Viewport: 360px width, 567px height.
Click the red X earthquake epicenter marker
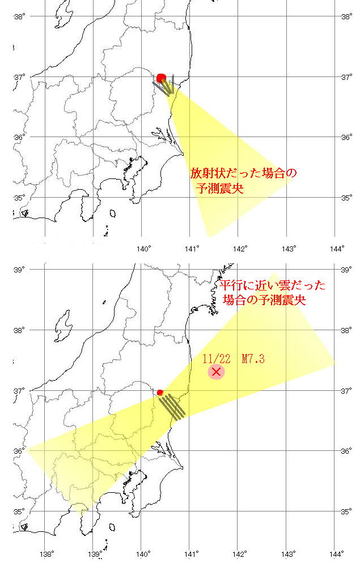(x=215, y=372)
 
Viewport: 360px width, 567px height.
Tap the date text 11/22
(x=216, y=359)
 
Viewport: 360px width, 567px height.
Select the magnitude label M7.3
(x=253, y=359)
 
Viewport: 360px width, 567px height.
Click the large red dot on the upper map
(x=161, y=78)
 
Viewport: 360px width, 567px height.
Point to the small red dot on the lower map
(x=160, y=392)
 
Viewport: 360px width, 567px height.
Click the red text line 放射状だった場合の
(x=243, y=173)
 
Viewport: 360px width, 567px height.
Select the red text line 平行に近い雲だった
(x=272, y=285)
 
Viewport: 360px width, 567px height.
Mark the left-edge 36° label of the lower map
(x=19, y=451)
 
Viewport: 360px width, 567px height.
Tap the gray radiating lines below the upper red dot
(x=165, y=86)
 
